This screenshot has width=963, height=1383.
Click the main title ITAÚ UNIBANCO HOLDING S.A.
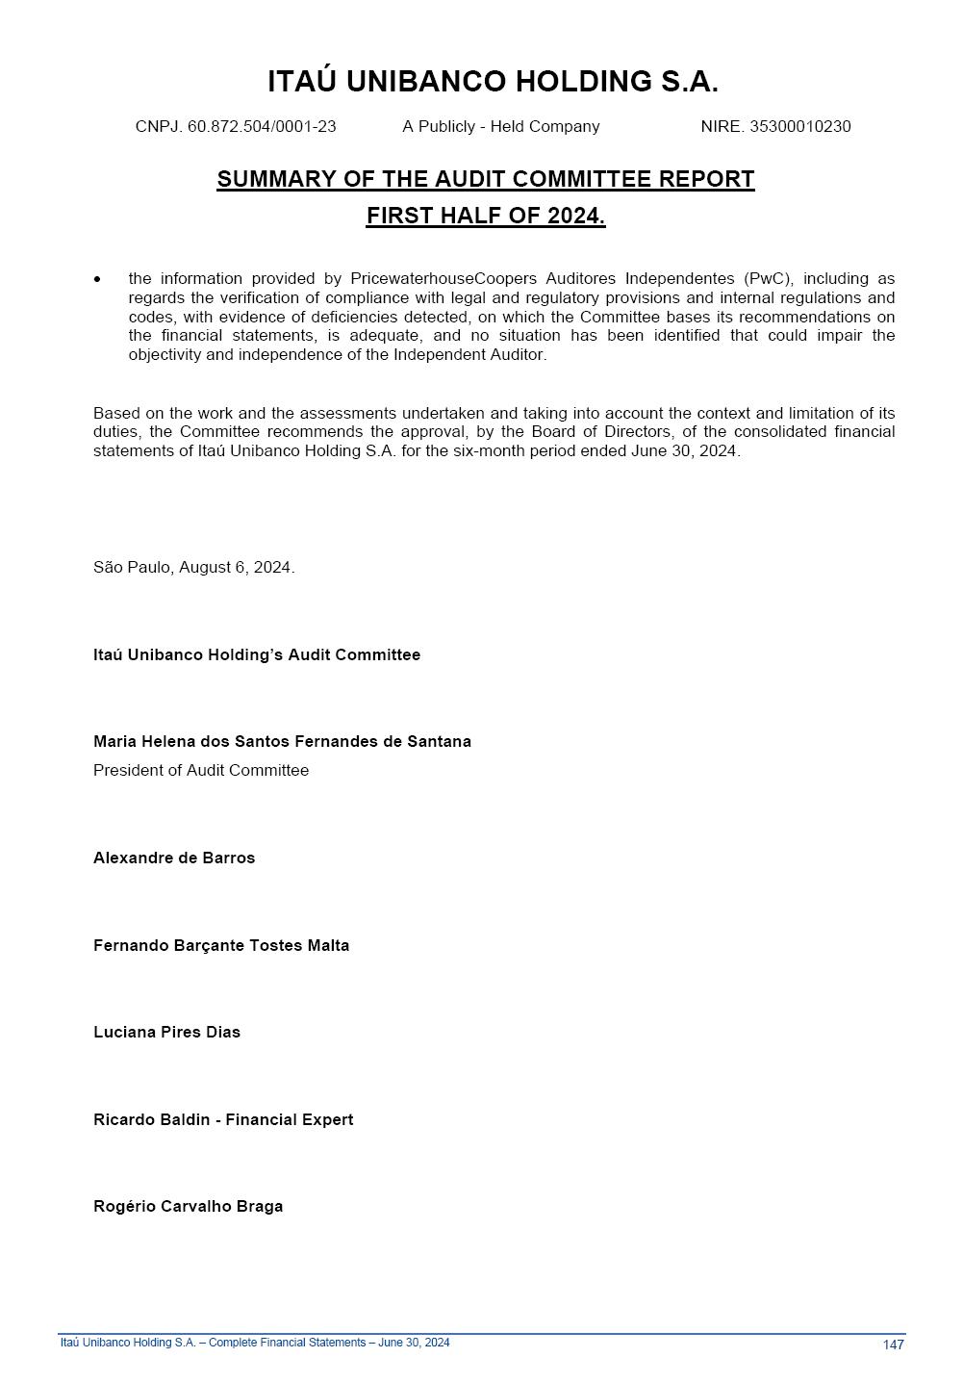pos(493,82)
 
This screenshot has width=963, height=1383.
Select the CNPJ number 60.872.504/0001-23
pos(262,127)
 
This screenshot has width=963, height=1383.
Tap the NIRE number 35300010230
pos(799,127)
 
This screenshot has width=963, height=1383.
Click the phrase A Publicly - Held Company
pos(500,127)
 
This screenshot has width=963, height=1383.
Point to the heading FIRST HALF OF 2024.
pos(485,216)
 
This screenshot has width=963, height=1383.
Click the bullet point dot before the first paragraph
pos(97,280)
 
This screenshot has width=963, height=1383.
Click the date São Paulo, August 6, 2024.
pos(193,568)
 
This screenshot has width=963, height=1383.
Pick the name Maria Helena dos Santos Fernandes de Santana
pos(282,742)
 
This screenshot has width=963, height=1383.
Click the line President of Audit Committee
pos(201,771)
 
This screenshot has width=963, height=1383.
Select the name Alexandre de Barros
pos(174,858)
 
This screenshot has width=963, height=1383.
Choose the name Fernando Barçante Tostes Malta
pos(221,946)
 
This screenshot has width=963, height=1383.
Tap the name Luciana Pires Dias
pos(166,1033)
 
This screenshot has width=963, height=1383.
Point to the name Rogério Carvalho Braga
pos(188,1207)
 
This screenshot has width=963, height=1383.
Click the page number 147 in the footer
pos(893,1345)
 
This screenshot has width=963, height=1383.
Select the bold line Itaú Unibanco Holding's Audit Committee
pos(257,655)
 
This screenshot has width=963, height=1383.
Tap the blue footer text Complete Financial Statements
pos(287,1343)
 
